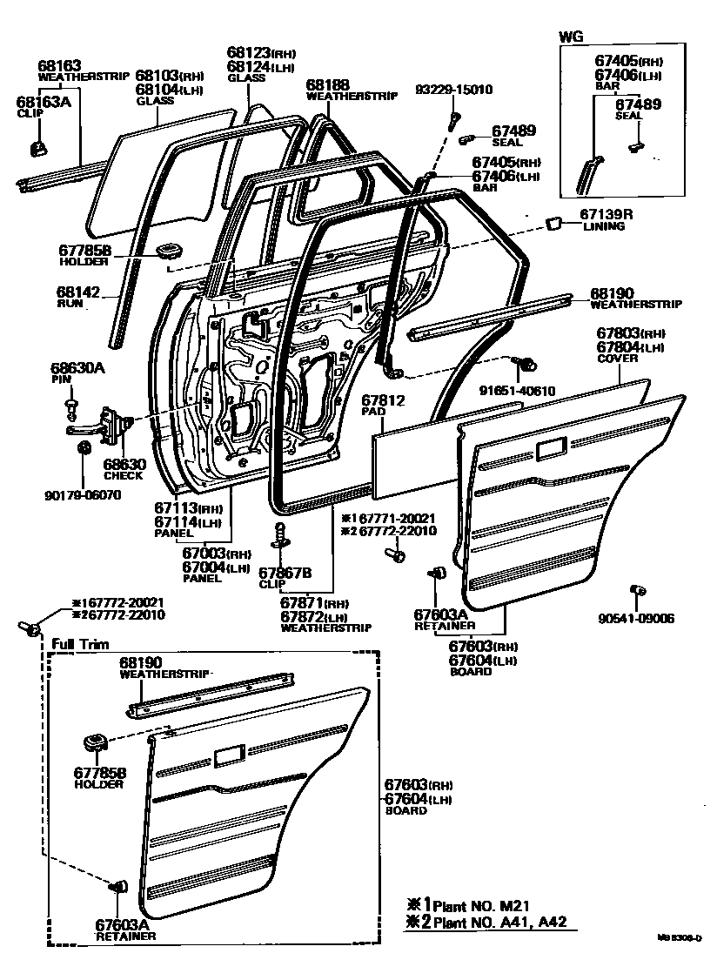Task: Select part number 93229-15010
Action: click(453, 90)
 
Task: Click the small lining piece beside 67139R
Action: click(552, 224)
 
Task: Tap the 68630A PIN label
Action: click(77, 373)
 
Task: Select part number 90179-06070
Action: click(84, 495)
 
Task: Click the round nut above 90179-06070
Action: click(84, 449)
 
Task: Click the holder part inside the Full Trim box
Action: click(94, 742)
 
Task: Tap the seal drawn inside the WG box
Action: click(637, 147)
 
